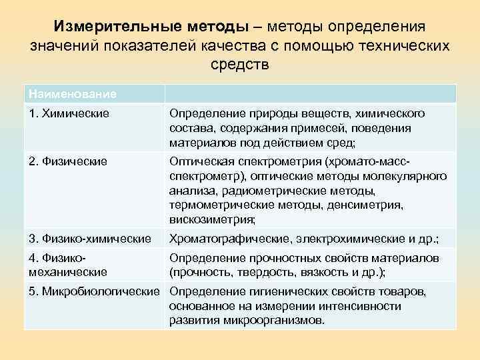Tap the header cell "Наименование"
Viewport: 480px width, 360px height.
coord(71,93)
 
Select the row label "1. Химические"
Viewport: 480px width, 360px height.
coord(69,113)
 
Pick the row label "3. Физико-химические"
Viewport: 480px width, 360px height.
coord(89,239)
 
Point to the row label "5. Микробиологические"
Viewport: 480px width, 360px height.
coord(94,291)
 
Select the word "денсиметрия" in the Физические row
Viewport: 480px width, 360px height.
coord(377,205)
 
